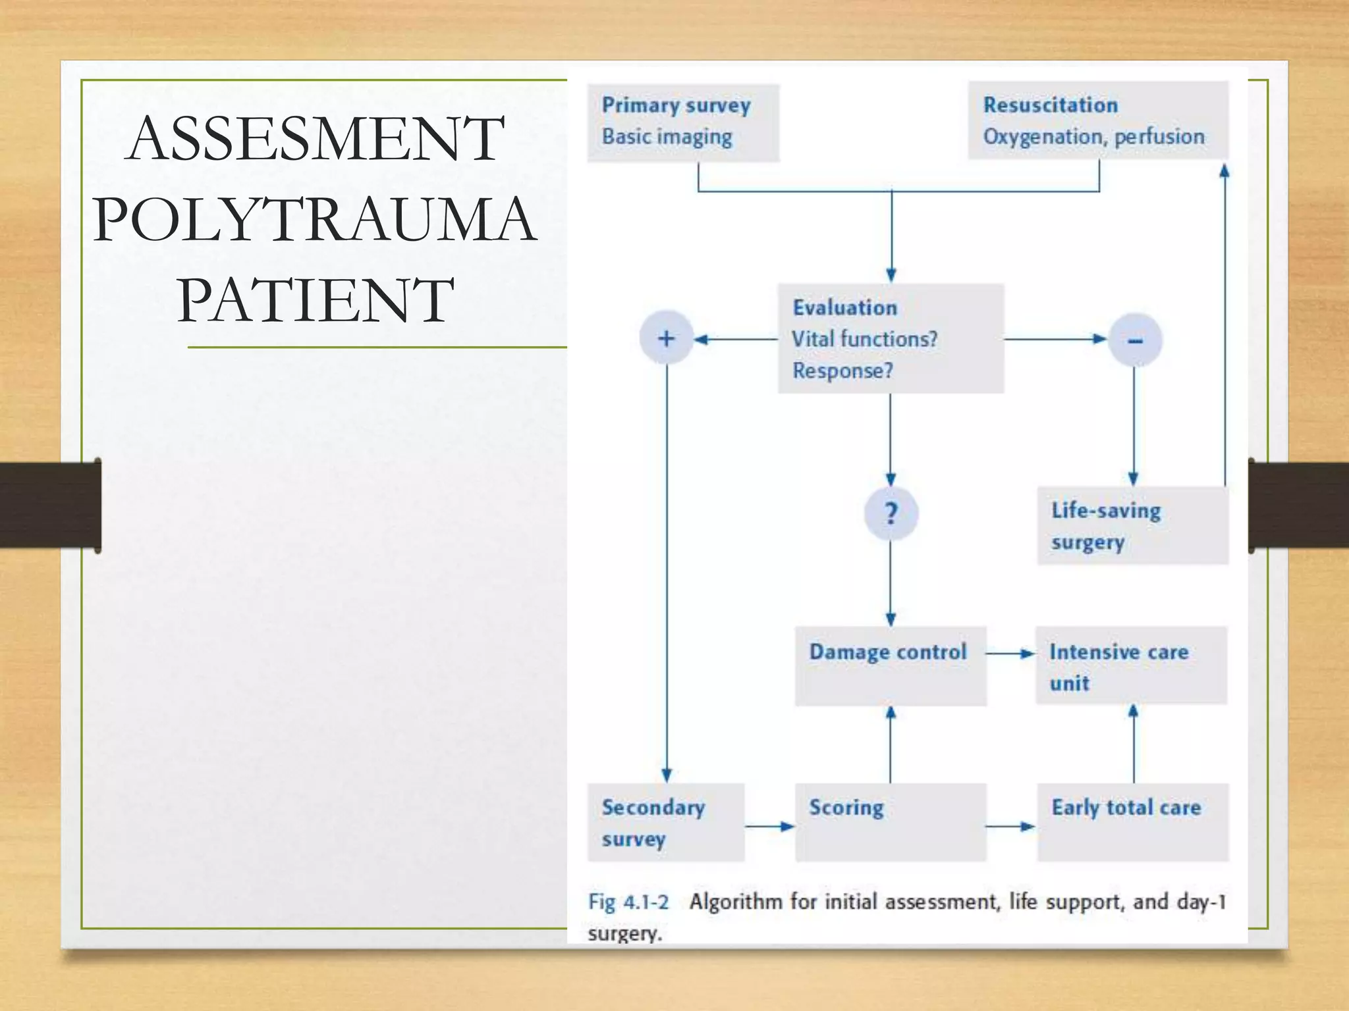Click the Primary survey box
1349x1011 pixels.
pyautogui.click(x=683, y=122)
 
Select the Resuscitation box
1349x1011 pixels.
pyautogui.click(x=1097, y=120)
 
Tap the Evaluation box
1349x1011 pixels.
pyautogui.click(x=891, y=338)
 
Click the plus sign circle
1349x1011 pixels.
pyautogui.click(x=666, y=338)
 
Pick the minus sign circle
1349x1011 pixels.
pyautogui.click(x=1134, y=340)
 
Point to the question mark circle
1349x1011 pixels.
pyautogui.click(x=891, y=513)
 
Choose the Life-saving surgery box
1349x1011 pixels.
pyautogui.click(x=1132, y=526)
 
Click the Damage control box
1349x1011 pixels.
pyautogui.click(x=891, y=665)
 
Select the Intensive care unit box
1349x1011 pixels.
pyautogui.click(x=1131, y=665)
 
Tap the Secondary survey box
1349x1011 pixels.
pyautogui.click(x=665, y=822)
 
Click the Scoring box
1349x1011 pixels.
pyautogui.click(x=891, y=822)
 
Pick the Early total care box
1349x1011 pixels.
pyautogui.click(x=1132, y=822)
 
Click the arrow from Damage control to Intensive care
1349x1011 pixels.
pyautogui.click(x=1010, y=654)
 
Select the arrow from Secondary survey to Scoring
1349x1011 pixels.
pyautogui.click(x=769, y=826)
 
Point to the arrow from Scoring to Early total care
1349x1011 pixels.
pyautogui.click(x=1010, y=826)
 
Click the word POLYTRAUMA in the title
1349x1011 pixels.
pyautogui.click(x=314, y=219)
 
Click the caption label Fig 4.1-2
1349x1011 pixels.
pyautogui.click(x=628, y=902)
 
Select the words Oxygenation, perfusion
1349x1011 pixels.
pyautogui.click(x=1093, y=137)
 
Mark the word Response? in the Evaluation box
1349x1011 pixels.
pyautogui.click(x=842, y=371)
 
